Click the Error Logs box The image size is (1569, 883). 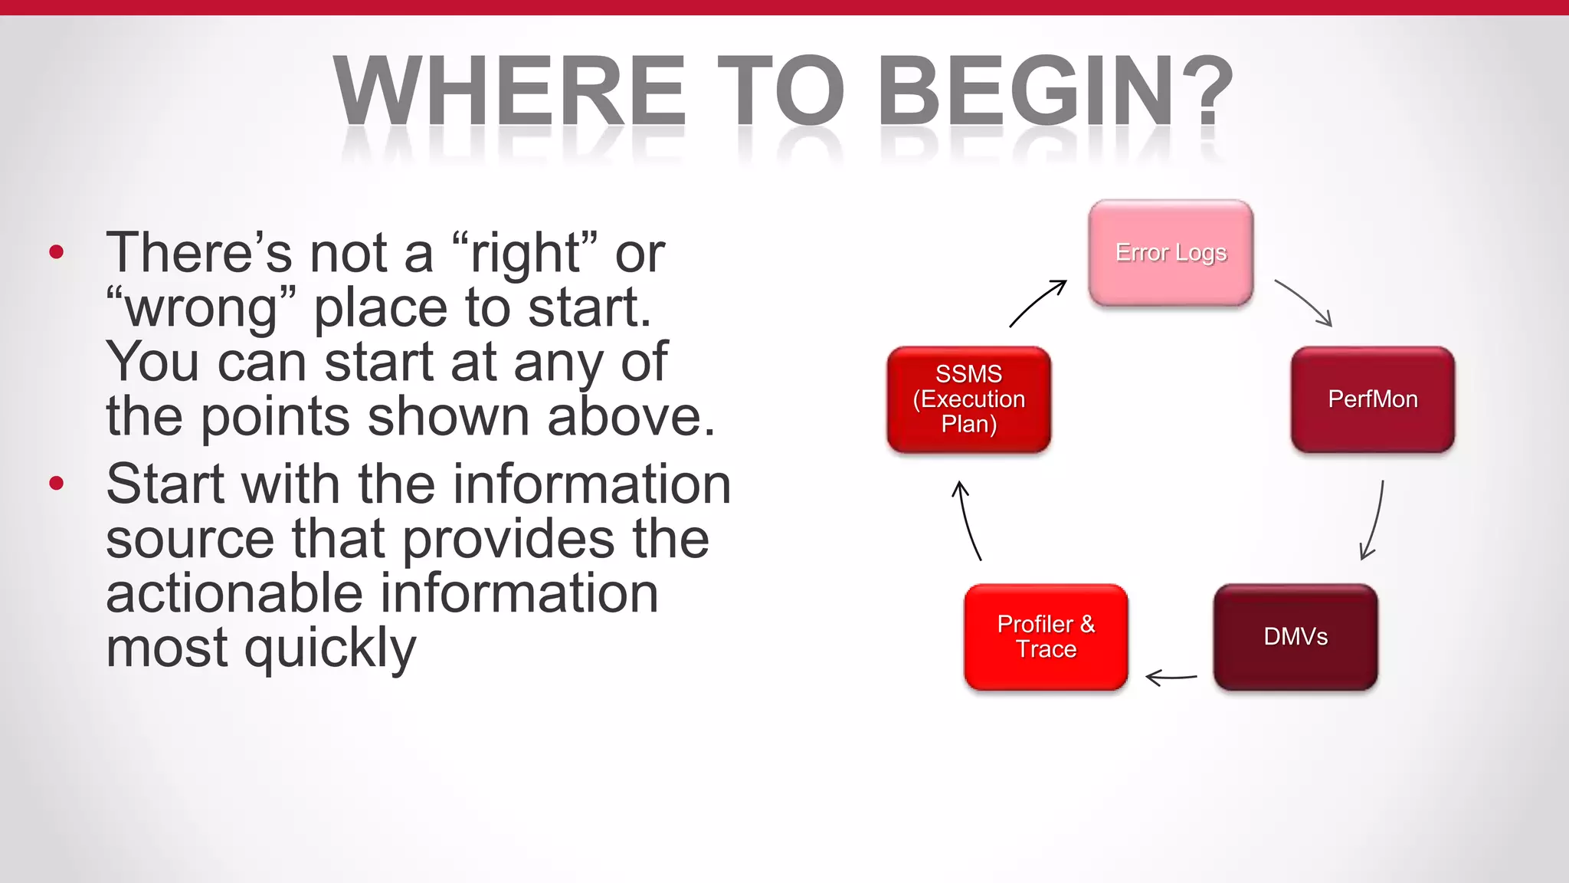pyautogui.click(x=1171, y=253)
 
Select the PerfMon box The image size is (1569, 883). pyautogui.click(x=1372, y=399)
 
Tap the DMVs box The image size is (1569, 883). pyautogui.click(x=1295, y=637)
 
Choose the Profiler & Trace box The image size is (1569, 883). pyautogui.click(x=1046, y=637)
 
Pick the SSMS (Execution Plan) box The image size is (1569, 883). pyautogui.click(x=968, y=399)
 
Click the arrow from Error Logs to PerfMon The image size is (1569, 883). pyautogui.click(x=1305, y=301)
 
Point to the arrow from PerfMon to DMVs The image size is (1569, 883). pyautogui.click(x=1375, y=521)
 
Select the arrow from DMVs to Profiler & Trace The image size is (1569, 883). pyautogui.click(x=1171, y=678)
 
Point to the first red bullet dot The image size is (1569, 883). pyautogui.click(x=56, y=252)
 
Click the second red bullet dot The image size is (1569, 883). pyautogui.click(x=56, y=483)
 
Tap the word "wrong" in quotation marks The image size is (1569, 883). pyautogui.click(x=201, y=308)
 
